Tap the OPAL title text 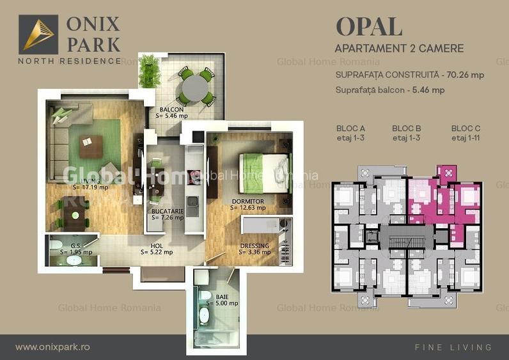369,27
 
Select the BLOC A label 350,128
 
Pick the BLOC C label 466,128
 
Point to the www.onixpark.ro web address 52,347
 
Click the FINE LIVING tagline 453,347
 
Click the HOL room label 157,246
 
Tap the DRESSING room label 254,246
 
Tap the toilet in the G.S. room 56,247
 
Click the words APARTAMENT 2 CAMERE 399,49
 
